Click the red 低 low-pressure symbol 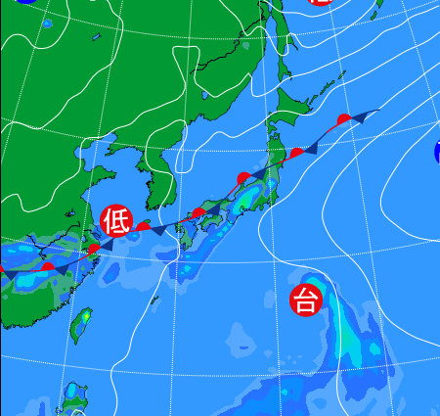(115, 221)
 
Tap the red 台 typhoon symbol (306, 299)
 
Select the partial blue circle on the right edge (436, 151)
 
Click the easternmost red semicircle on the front (343, 119)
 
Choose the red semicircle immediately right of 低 (144, 227)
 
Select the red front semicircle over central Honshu (243, 178)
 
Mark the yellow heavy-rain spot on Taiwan (85, 317)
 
